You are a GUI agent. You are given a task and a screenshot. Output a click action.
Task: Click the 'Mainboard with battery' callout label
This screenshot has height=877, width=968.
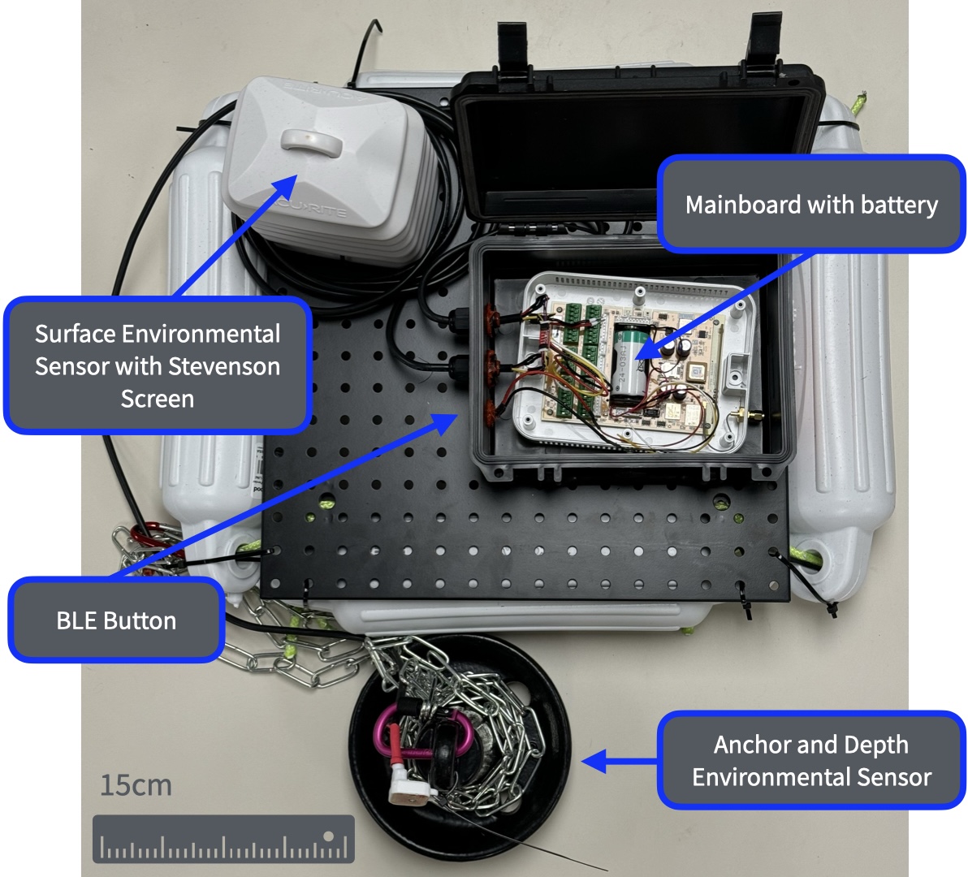[x=810, y=205]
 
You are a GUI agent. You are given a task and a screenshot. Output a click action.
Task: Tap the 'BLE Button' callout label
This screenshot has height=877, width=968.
[x=116, y=621]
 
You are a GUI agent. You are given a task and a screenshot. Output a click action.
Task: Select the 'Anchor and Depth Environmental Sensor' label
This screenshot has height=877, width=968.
[x=810, y=761]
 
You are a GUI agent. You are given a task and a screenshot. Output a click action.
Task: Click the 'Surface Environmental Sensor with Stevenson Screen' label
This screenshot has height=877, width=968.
[x=158, y=366]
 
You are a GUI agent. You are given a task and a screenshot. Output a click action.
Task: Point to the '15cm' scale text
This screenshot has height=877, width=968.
[x=136, y=785]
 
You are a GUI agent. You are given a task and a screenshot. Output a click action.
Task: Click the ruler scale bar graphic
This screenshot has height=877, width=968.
[x=223, y=839]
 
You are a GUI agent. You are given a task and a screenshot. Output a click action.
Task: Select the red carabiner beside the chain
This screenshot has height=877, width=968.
[x=147, y=536]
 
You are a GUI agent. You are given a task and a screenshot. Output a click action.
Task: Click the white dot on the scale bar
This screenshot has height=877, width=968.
[x=329, y=836]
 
